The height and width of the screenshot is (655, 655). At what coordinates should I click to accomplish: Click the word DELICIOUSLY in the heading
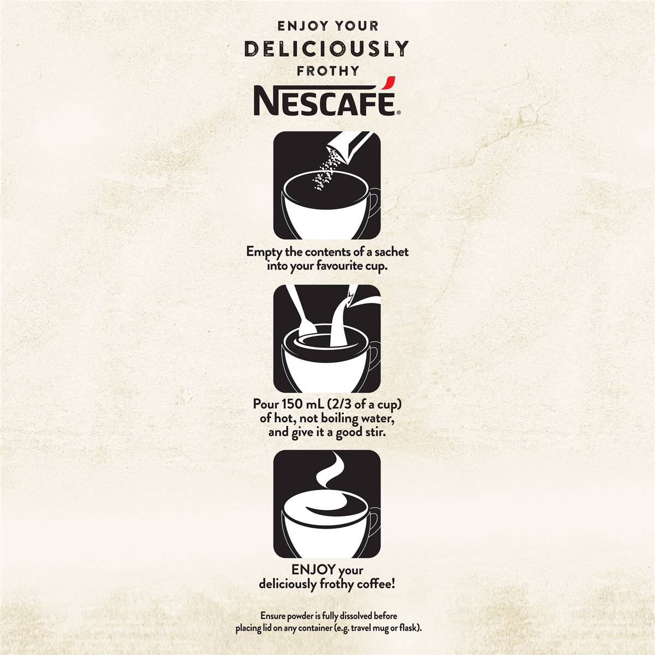coord(326,48)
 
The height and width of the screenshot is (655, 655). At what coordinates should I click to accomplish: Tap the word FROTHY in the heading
coord(327,71)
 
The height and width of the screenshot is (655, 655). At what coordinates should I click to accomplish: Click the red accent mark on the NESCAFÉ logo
coord(386,85)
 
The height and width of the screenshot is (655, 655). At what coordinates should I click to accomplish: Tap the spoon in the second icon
coord(299,317)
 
